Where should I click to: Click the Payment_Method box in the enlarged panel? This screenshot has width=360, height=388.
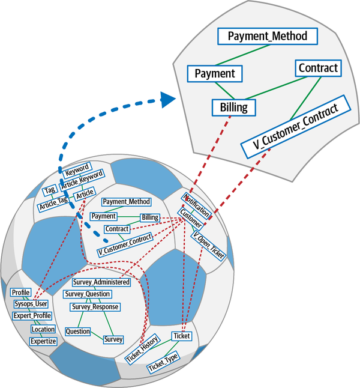coord(268,36)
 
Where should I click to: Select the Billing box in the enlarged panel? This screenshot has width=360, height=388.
coord(234,108)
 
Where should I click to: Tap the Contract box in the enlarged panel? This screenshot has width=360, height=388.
coord(318,67)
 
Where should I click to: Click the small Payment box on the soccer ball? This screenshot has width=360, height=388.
coord(103,216)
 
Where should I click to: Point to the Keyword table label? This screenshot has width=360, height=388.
coord(77,168)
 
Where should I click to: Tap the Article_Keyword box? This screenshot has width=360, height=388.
coord(82,178)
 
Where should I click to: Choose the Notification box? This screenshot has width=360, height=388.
coord(196,205)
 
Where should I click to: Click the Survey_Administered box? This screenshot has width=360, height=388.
coord(101,282)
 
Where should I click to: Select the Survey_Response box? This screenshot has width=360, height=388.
coord(95,307)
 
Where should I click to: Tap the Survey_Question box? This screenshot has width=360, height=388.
coord(88,294)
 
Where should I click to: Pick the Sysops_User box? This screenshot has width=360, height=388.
coord(31,304)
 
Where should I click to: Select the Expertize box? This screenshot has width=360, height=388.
coord(43,341)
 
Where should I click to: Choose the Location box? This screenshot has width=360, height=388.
coord(43,329)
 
